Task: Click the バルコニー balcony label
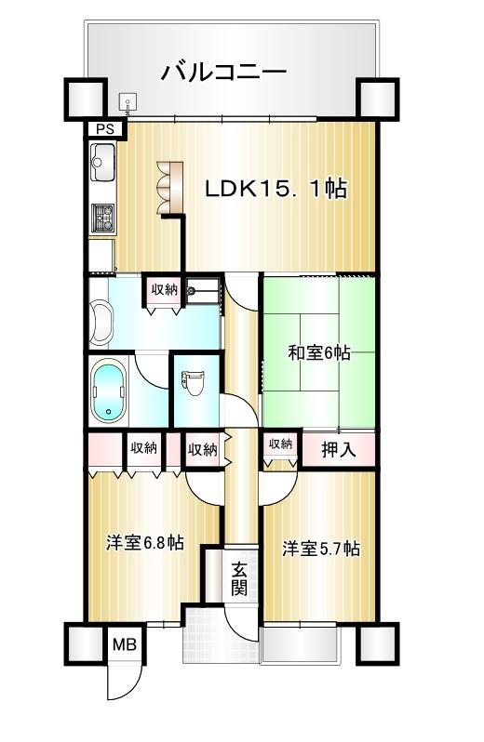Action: coord(224,72)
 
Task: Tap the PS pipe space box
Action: coord(105,129)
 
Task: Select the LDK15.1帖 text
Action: coord(276,189)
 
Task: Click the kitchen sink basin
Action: coord(102,162)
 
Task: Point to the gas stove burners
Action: coord(102,218)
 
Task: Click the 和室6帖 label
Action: coord(319,352)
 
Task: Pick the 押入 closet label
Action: coord(339,449)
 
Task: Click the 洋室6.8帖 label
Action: coord(145,542)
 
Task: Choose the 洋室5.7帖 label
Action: coord(321,549)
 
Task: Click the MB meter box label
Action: coord(125,644)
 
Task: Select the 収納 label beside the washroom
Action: coord(165,289)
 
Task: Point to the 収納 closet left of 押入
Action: coord(280,444)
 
